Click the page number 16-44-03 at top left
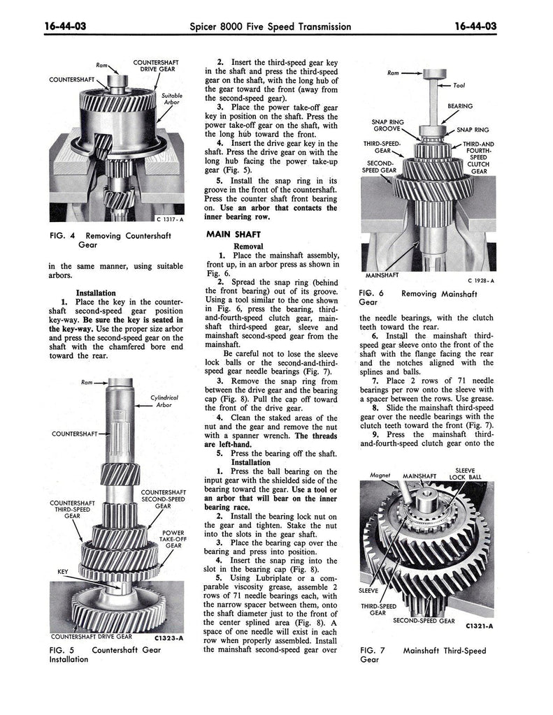click(65, 27)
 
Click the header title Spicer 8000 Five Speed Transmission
click(271, 27)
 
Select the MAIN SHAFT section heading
click(234, 235)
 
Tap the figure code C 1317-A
click(170, 219)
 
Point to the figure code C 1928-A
click(481, 281)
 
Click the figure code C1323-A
click(169, 638)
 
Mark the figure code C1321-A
click(480, 626)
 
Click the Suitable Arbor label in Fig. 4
click(172, 99)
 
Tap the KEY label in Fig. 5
click(62, 572)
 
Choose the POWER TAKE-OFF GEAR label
click(173, 539)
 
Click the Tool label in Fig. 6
click(459, 85)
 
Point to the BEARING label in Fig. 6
click(460, 106)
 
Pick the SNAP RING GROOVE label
click(388, 126)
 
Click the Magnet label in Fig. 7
click(380, 475)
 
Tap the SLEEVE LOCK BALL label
click(465, 474)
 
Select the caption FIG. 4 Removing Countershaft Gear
click(110, 240)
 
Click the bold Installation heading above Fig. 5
click(96, 293)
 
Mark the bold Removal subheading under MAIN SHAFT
click(248, 246)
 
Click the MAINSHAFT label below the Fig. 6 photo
click(382, 275)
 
